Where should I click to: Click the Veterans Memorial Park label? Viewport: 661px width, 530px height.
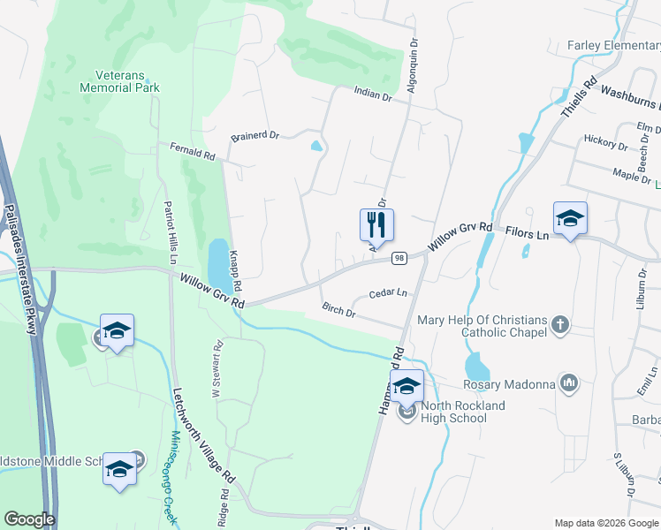pyautogui.click(x=119, y=81)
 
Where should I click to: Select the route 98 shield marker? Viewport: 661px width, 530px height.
pyautogui.click(x=399, y=258)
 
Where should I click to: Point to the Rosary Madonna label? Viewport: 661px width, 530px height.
pyautogui.click(x=509, y=384)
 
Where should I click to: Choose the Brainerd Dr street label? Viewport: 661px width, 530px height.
pyautogui.click(x=255, y=136)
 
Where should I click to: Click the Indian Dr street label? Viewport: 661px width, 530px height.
pyautogui.click(x=372, y=94)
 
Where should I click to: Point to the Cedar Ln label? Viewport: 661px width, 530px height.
pyautogui.click(x=388, y=292)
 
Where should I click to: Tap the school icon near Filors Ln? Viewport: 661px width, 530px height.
pyautogui.click(x=570, y=218)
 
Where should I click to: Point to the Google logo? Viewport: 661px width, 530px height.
pyautogui.click(x=29, y=519)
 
